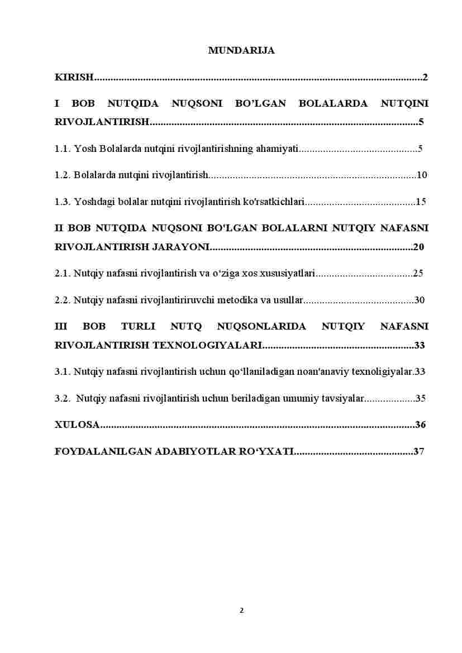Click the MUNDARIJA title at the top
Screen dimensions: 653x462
pos(241,50)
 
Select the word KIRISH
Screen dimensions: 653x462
pos(74,77)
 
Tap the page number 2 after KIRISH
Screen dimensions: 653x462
pos(425,77)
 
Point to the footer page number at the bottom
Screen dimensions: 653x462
pos(241,610)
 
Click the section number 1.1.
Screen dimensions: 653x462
pos(62,149)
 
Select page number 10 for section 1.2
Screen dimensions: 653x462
pos(422,175)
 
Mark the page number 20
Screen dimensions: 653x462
pos(418,247)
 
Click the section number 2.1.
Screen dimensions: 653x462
pos(62,274)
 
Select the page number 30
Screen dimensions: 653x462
pos(420,301)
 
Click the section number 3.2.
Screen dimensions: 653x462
pos(62,398)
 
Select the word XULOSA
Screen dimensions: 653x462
pos(77,425)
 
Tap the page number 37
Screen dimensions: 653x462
pos(419,451)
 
